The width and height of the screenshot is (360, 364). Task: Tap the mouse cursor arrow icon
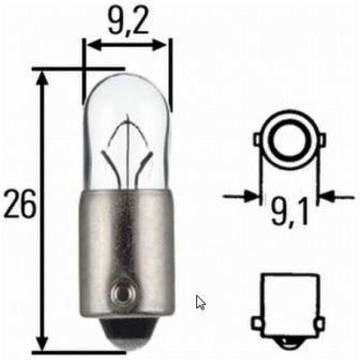click(201, 302)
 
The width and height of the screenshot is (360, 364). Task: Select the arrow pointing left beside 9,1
click(328, 197)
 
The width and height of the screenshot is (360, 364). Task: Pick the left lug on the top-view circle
click(258, 137)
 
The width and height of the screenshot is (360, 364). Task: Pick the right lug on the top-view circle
click(322, 137)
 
